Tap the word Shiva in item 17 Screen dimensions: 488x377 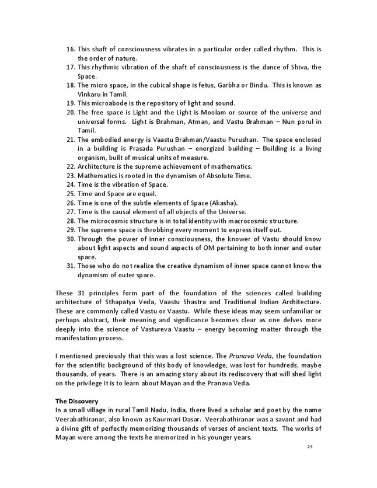click(x=293, y=67)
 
